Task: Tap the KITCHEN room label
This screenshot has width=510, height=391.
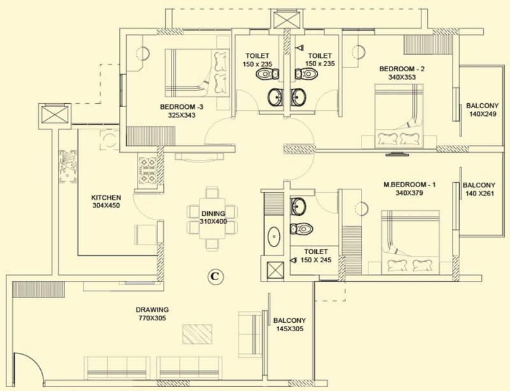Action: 106,197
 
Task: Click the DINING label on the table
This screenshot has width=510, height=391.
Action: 213,213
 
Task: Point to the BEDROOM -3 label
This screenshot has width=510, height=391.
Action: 182,106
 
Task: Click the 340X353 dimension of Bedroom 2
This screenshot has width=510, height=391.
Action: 402,77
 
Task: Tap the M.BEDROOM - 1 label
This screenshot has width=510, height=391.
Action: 409,185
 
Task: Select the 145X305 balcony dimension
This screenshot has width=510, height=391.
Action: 289,329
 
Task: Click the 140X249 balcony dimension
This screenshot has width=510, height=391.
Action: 483,114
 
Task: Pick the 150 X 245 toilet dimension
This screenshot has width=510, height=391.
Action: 316,260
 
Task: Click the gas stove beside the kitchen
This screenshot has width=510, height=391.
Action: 147,171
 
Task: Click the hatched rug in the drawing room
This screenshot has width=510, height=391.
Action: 197,334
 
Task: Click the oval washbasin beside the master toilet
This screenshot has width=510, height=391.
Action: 274,236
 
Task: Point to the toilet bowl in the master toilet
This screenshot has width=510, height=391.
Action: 302,229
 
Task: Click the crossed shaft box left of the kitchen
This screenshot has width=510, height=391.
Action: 55,115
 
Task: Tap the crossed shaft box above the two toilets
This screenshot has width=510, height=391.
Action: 288,20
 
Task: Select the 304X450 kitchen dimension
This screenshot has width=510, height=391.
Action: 106,206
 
